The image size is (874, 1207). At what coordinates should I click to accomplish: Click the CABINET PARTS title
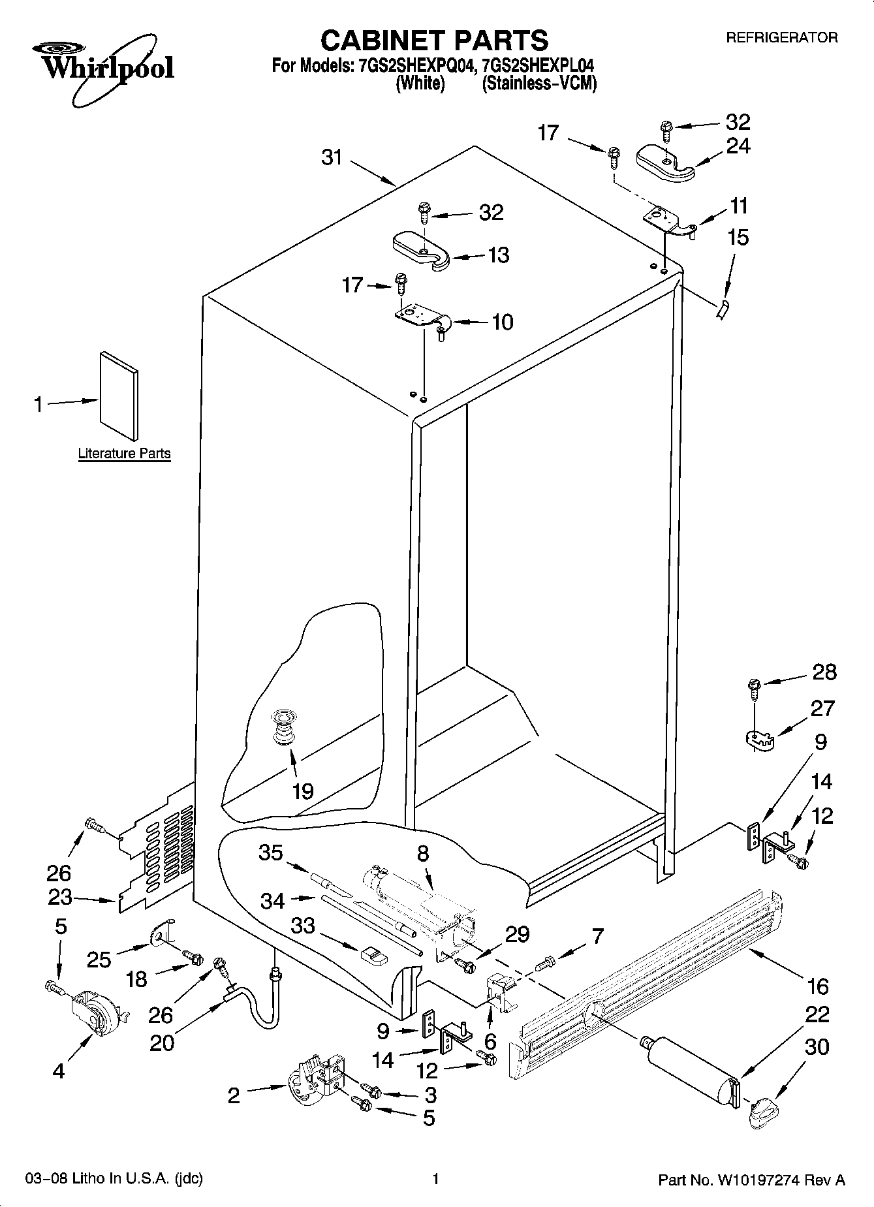(x=434, y=40)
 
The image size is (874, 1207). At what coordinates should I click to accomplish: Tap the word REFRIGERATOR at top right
(x=781, y=38)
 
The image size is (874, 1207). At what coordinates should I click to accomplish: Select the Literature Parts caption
(x=124, y=453)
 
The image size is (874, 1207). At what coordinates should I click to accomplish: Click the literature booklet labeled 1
(x=119, y=396)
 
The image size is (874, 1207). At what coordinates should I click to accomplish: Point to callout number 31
(x=332, y=157)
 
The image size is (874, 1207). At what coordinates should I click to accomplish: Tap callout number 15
(x=738, y=238)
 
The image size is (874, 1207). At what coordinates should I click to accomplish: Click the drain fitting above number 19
(x=283, y=727)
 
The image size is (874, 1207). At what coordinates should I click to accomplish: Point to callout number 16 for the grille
(x=817, y=986)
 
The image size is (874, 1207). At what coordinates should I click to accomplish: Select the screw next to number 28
(x=754, y=687)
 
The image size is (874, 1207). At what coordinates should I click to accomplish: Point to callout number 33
(x=304, y=926)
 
